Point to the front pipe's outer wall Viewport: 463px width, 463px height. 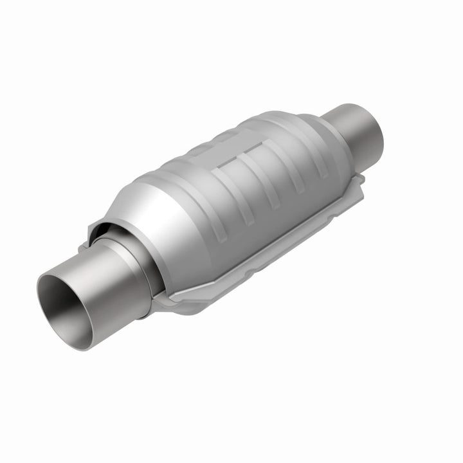[109, 289]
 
